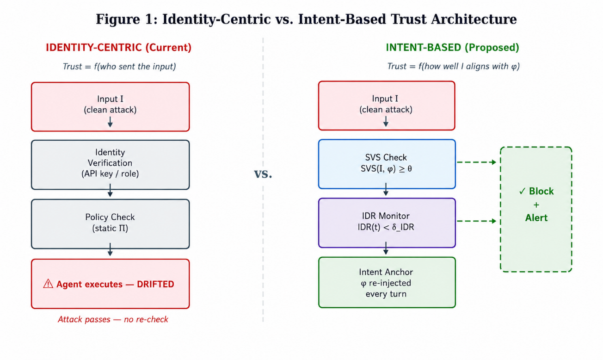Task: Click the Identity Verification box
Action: pyautogui.click(x=111, y=165)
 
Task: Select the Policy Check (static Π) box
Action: pyautogui.click(x=111, y=224)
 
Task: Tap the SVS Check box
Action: pyautogui.click(x=387, y=164)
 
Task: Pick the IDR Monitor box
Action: pyautogui.click(x=387, y=223)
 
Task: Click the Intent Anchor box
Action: pyautogui.click(x=387, y=282)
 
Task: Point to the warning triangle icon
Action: pyautogui.click(x=48, y=284)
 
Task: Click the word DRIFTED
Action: pyautogui.click(x=155, y=284)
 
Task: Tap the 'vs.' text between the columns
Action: pyautogui.click(x=263, y=174)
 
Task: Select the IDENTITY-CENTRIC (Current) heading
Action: pyautogui.click(x=118, y=47)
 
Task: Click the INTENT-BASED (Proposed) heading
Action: pyautogui.click(x=452, y=47)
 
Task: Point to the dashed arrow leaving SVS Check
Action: pyautogui.click(x=476, y=162)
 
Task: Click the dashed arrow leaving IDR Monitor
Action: pyautogui.click(x=476, y=221)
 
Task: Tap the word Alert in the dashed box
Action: pyautogui.click(x=536, y=218)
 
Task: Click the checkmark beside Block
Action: pyautogui.click(x=522, y=191)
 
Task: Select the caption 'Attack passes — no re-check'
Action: pyautogui.click(x=113, y=319)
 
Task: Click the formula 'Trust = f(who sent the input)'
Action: pyautogui.click(x=119, y=66)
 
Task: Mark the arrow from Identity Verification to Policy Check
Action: pyautogui.click(x=110, y=190)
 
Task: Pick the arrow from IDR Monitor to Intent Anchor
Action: pyautogui.click(x=386, y=248)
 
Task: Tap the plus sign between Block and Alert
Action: pyautogui.click(x=536, y=205)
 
